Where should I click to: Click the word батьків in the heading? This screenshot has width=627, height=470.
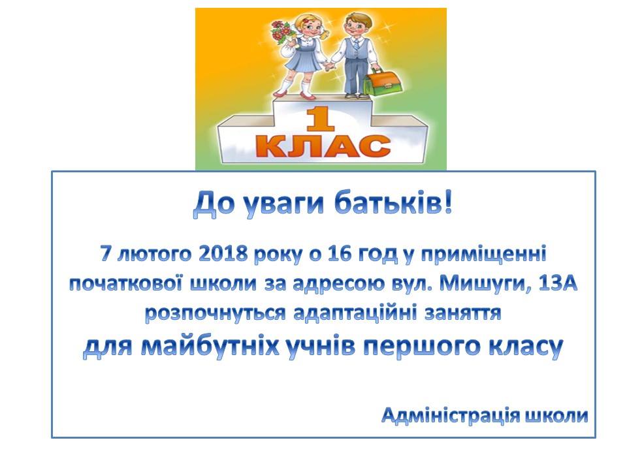click(393, 203)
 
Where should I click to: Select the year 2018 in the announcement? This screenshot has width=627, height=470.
click(223, 253)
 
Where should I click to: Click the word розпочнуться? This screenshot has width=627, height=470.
click(215, 314)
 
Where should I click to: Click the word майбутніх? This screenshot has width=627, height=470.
click(210, 347)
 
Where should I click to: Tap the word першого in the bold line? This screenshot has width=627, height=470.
click(421, 347)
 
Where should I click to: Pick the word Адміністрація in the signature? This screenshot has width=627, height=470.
click(451, 416)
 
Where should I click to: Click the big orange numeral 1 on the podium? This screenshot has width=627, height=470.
click(319, 119)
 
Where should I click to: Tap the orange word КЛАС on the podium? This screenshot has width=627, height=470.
click(323, 147)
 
